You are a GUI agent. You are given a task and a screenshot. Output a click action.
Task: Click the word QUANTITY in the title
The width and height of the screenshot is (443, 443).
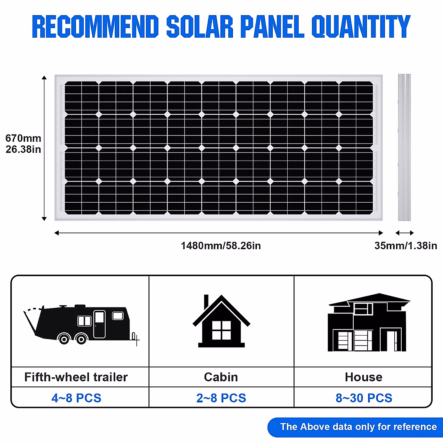361,27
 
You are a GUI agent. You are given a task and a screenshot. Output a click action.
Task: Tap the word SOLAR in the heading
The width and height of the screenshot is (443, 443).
200,27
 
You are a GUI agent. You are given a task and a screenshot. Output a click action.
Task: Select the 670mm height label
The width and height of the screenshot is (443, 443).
23,138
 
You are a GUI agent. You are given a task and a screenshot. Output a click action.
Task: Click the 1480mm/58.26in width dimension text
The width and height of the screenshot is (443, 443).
221,246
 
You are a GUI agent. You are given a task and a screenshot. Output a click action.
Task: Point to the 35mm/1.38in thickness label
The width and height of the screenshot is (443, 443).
405,246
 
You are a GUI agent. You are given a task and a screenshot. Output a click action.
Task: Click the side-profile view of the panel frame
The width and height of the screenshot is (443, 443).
404,147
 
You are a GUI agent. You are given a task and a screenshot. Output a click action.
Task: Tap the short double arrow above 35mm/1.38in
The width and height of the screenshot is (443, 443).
405,233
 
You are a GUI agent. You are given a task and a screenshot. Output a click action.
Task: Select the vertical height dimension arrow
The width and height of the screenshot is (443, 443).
44,148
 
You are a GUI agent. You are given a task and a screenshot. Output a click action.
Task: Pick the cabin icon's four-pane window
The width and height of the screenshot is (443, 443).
221,330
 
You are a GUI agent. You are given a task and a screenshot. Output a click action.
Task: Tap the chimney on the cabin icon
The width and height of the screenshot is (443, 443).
206,301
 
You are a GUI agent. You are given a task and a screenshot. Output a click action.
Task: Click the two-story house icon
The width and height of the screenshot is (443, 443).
368,323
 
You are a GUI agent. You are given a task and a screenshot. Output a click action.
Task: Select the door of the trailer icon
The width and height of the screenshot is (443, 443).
99,324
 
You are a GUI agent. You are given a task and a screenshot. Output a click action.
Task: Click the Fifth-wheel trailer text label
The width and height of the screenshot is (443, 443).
76,377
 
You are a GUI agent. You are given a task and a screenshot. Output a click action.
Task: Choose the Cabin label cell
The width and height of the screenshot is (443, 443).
221,377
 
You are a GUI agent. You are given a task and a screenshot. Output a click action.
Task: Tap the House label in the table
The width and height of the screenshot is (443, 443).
364,377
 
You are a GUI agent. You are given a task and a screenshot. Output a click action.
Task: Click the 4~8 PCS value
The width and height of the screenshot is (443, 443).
76,398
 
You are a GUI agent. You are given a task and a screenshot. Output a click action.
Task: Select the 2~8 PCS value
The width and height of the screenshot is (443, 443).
221,398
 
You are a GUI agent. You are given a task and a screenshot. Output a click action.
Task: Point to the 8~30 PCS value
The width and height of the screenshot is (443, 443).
364,398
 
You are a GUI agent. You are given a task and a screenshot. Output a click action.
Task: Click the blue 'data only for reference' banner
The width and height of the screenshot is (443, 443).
358,427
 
